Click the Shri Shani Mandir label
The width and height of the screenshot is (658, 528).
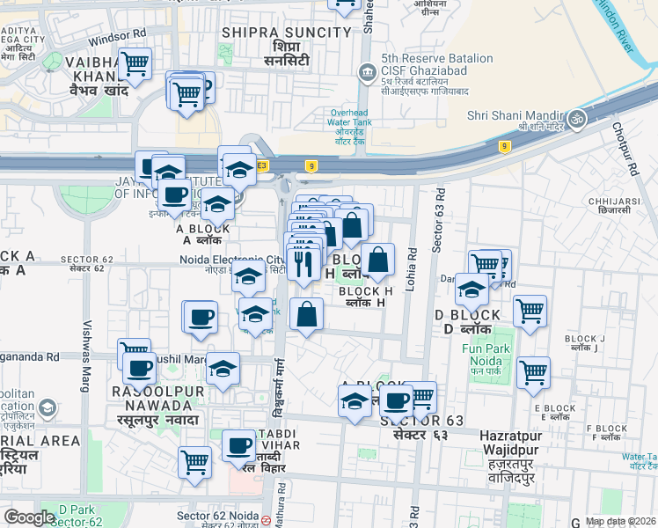(515, 115)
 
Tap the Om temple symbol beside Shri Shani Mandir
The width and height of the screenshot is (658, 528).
(577, 120)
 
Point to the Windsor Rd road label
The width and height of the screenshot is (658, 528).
(116, 36)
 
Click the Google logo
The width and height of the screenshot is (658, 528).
(30, 517)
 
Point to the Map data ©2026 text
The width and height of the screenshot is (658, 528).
(620, 521)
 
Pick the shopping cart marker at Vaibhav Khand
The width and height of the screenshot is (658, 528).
(135, 63)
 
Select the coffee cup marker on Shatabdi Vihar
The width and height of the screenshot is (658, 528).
(238, 445)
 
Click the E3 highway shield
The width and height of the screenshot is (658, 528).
(261, 165)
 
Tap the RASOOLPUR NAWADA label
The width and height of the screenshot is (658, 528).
(152, 398)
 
